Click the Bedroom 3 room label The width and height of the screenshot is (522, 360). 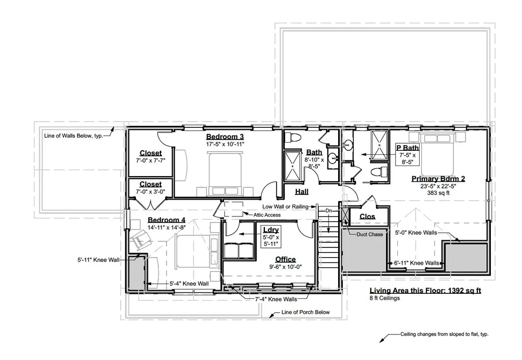pyautogui.click(x=225, y=137)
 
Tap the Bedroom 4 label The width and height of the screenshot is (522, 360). pyautogui.click(x=167, y=220)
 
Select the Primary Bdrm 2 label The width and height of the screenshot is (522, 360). pyautogui.click(x=438, y=179)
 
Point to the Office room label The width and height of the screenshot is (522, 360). pyautogui.click(x=285, y=260)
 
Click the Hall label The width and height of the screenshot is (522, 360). pyautogui.click(x=301, y=191)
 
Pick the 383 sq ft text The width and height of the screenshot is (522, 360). pyautogui.click(x=438, y=193)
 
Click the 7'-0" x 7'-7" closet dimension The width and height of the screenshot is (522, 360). pyautogui.click(x=150, y=160)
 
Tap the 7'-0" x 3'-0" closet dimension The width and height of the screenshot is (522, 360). pyautogui.click(x=150, y=191)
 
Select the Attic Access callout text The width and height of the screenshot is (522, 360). pyautogui.click(x=267, y=215)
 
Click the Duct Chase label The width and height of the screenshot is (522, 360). pyautogui.click(x=370, y=234)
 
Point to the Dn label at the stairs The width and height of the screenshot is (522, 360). pyautogui.click(x=328, y=211)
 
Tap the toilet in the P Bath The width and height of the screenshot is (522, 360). pyautogui.click(x=379, y=172)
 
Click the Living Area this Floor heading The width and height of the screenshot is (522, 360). pyautogui.click(x=425, y=290)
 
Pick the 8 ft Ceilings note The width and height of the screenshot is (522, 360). pyautogui.click(x=384, y=298)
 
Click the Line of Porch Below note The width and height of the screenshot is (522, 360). pyautogui.click(x=305, y=312)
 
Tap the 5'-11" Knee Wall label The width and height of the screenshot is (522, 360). pyautogui.click(x=98, y=260)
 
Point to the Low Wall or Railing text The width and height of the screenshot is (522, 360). pyautogui.click(x=285, y=207)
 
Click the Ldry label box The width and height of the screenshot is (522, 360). pyautogui.click(x=271, y=237)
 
